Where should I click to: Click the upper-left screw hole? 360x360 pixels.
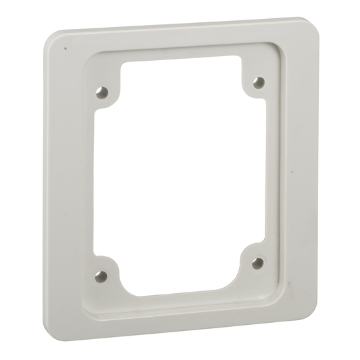[102, 93]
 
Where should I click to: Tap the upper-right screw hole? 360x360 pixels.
[257, 82]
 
